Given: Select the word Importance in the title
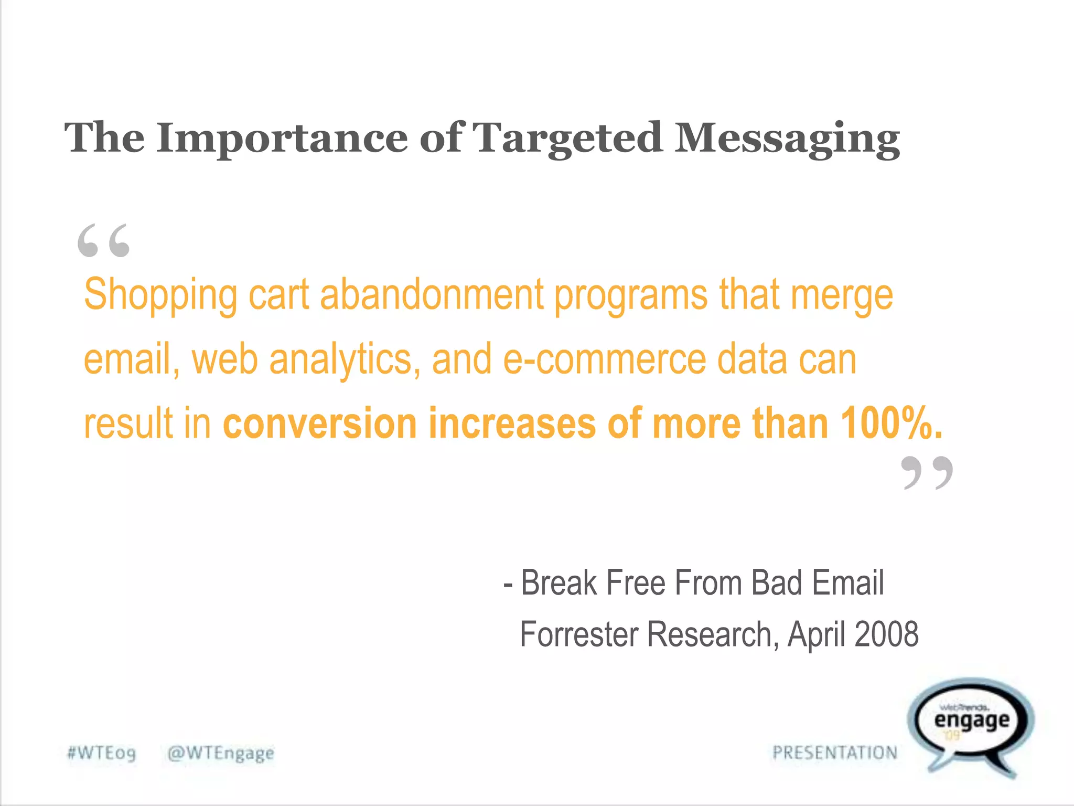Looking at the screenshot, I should click(x=282, y=139).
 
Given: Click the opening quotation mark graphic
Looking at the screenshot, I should click(x=103, y=241).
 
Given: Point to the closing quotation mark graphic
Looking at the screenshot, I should click(x=927, y=473).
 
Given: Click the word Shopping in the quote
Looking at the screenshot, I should click(x=160, y=295).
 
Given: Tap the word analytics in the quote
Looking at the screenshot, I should click(x=344, y=360).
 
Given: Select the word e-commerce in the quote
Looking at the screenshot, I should click(x=604, y=360).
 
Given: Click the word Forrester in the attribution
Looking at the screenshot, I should click(x=579, y=634).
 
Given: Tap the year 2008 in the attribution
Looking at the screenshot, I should click(x=886, y=634).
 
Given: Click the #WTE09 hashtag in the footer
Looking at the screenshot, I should click(x=101, y=753).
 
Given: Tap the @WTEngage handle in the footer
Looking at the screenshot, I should click(x=220, y=753).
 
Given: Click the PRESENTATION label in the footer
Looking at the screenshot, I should click(x=835, y=753).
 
